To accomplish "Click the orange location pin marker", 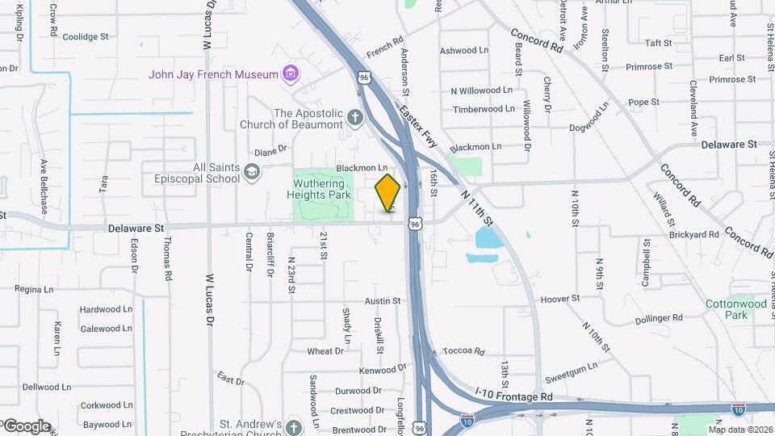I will tap(388, 193).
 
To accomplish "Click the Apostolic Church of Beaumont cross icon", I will tap(354, 119).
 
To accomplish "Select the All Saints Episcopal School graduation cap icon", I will tap(252, 171).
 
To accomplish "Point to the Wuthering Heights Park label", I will tap(321, 189).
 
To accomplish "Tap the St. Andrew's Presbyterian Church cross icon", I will tap(293, 426).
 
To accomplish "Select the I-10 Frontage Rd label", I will tap(514, 397).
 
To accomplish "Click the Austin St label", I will tap(383, 301).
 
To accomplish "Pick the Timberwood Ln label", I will tap(484, 109).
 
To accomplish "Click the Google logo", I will tap(26, 426).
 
